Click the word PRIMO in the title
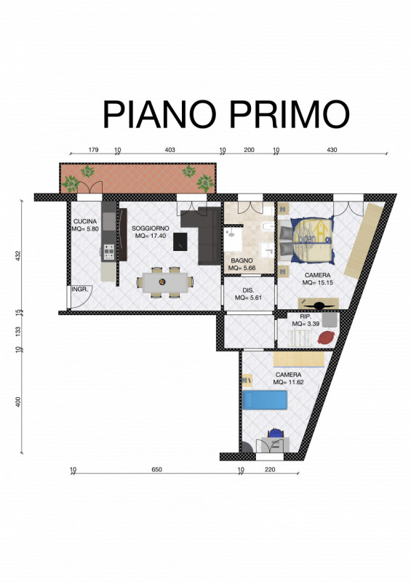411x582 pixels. pos(290,114)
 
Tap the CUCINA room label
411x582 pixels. pos(85,222)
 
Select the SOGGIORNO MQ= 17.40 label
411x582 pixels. pos(151,232)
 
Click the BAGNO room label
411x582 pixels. pos(242,260)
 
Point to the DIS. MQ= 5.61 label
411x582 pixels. pos(248,294)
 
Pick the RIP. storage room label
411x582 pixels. pos(306,316)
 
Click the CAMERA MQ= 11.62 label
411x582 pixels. pos(289,378)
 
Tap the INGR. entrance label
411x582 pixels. pos(79,289)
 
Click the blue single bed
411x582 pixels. pos(265,399)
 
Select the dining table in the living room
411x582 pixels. pos(165,282)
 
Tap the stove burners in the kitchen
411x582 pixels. pos(109,252)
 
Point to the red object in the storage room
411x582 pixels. pos(327,338)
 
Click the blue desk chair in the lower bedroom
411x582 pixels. pos(275,434)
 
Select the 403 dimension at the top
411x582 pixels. pos(169,150)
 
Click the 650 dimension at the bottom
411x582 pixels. pos(156,469)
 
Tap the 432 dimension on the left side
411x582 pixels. pos(18,256)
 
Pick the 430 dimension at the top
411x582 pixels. pos(332,150)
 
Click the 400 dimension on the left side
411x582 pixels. pos(18,402)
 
